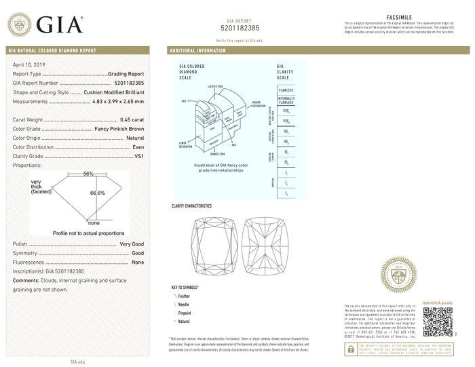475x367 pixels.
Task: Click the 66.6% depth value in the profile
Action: click(x=98, y=193)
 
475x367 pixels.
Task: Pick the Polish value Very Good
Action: click(x=132, y=243)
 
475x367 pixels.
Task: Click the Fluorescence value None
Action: click(x=138, y=262)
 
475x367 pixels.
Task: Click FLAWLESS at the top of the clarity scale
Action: click(x=286, y=89)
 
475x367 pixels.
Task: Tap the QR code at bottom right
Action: click(x=438, y=321)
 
